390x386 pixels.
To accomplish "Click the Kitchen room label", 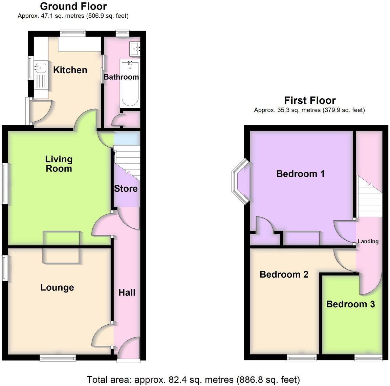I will (70, 70).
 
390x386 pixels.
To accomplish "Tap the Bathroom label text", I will (121, 77).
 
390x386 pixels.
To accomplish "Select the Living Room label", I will (59, 164).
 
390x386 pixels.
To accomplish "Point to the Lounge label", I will (57, 287).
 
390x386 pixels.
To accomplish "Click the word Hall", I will (127, 292).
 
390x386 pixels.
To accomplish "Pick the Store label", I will (126, 188).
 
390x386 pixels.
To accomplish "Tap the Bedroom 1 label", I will (300, 174).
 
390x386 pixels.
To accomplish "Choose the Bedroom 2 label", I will (284, 274).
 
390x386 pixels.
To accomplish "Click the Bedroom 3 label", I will (350, 304).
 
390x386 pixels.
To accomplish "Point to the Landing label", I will (368, 241).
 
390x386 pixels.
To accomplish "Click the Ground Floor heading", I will (73, 6).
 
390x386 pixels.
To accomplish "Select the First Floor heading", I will (309, 100).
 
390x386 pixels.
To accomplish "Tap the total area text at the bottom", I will (193, 379).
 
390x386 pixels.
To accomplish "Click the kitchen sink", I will (40, 67).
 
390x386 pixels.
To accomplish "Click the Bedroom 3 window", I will (368, 357).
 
